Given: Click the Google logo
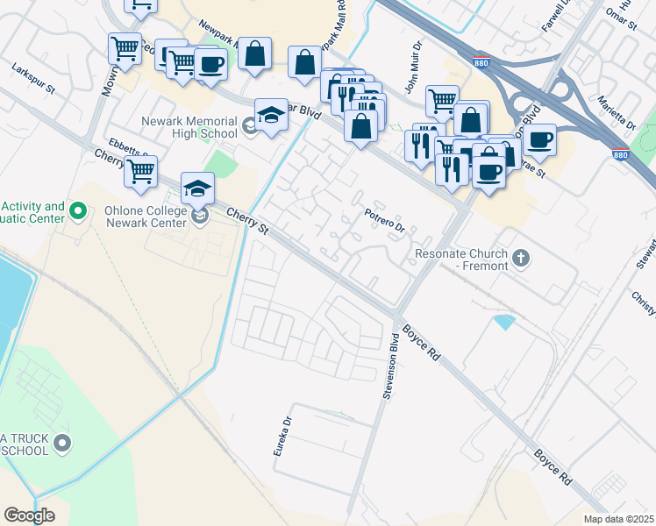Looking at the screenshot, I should point(29,515).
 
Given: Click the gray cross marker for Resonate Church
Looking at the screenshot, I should point(522,257).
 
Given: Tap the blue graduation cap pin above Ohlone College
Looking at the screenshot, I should point(197,189).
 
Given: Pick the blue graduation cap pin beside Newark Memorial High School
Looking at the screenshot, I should point(271,116).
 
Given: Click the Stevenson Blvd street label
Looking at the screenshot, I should point(392,372).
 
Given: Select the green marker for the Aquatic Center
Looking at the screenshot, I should point(77,211).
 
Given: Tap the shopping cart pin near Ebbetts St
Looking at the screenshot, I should point(140,173).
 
